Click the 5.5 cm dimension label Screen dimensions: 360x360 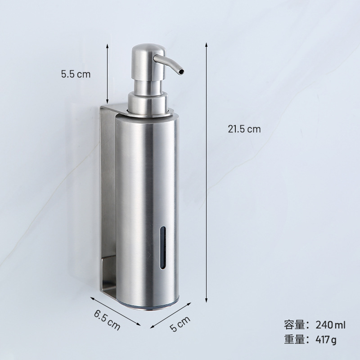pyautogui.click(x=76, y=74)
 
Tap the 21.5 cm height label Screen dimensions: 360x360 pyautogui.click(x=244, y=129)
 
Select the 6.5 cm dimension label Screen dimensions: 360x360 pyautogui.click(x=107, y=320)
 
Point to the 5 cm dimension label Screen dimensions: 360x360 pyautogui.click(x=180, y=324)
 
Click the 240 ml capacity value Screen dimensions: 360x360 pyautogui.click(x=330, y=325)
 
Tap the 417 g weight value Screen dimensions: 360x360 pyautogui.click(x=326, y=339)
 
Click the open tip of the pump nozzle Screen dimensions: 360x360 pyautogui.click(x=181, y=72)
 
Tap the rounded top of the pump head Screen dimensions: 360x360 pyautogui.click(x=148, y=48)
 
